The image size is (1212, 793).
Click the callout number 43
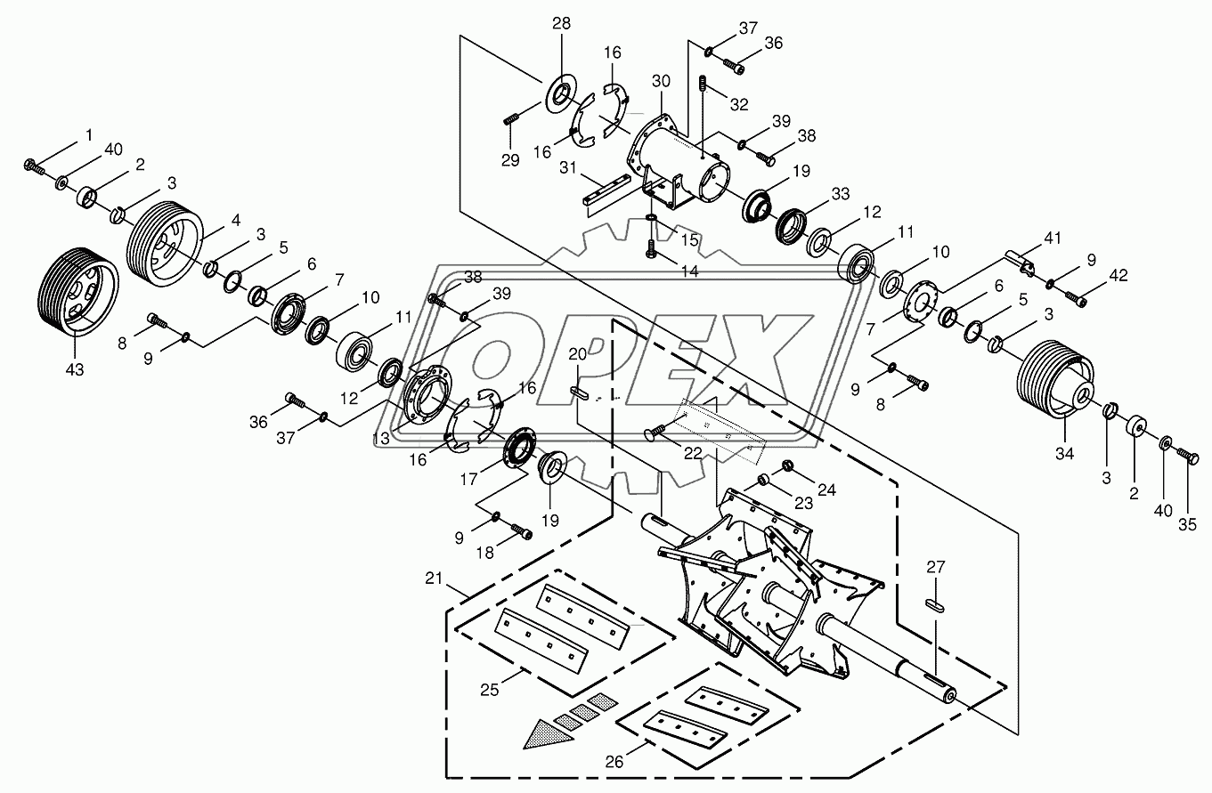point(75,369)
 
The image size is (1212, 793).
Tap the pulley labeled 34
point(1055,386)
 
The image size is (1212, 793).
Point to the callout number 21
point(434,579)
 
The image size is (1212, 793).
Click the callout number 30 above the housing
point(661,81)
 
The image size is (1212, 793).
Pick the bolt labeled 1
point(35,166)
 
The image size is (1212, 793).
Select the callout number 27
point(936,567)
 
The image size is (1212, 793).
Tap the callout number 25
point(490,691)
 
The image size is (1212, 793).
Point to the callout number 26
point(614,762)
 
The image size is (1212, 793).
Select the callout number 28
point(561,23)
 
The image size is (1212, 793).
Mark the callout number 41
point(1053,238)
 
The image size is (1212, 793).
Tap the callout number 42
point(1118,275)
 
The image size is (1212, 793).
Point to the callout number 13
point(381,439)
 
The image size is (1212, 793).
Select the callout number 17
point(468,479)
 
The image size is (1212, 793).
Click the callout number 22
point(693,454)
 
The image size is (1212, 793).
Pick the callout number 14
point(689,271)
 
